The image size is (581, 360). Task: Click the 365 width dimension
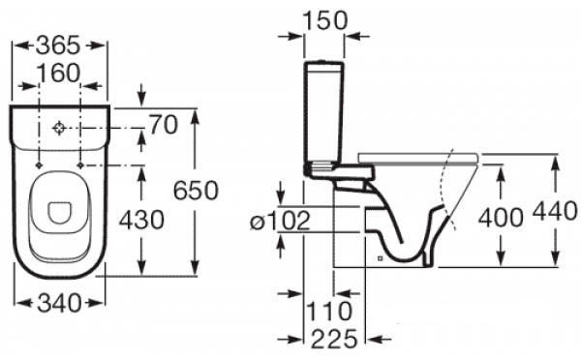pyautogui.click(x=58, y=45)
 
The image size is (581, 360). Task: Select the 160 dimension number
pyautogui.click(x=59, y=73)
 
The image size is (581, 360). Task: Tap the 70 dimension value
pyautogui.click(x=164, y=125)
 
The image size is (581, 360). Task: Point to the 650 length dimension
pyautogui.click(x=196, y=191)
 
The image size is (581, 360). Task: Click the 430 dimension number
pyautogui.click(x=141, y=220)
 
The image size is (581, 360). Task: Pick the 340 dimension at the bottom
pyautogui.click(x=59, y=303)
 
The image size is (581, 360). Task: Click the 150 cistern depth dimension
pyautogui.click(x=325, y=20)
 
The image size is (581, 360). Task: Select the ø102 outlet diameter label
pyautogui.click(x=280, y=221)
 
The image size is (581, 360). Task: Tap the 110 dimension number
pyautogui.click(x=329, y=311)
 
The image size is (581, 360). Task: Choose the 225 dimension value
pyautogui.click(x=334, y=339)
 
